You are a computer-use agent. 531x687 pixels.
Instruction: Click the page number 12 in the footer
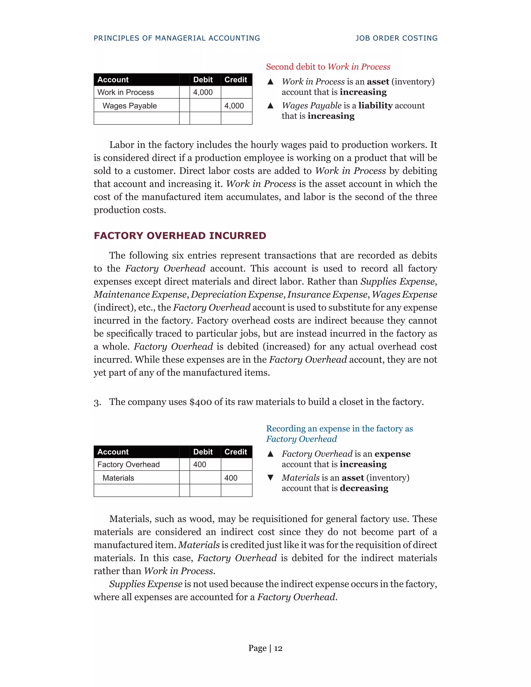[278, 648]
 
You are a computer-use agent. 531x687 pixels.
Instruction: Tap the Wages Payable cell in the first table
[129, 106]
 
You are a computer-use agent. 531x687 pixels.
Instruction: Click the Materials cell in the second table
[118, 478]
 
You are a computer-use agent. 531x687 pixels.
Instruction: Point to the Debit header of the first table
[203, 80]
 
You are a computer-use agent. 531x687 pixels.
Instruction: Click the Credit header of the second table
[236, 452]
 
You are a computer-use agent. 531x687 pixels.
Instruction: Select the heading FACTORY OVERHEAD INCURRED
[180, 236]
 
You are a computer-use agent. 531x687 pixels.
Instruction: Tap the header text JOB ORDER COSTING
[396, 38]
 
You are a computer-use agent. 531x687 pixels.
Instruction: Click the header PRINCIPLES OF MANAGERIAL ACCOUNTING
[177, 38]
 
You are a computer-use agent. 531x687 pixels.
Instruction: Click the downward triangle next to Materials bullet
[270, 478]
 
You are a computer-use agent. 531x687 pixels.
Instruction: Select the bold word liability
[375, 106]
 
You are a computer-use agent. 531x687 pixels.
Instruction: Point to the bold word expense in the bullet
[392, 454]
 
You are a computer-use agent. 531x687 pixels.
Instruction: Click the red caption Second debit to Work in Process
[328, 67]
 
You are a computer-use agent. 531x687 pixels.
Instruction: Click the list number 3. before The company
[97, 403]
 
